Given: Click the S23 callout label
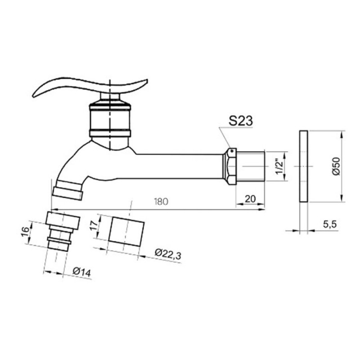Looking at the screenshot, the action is (x=240, y=121).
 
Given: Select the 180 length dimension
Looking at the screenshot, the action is (x=161, y=201).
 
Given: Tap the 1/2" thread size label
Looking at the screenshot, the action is (x=279, y=166).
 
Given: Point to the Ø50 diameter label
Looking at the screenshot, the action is (x=336, y=166).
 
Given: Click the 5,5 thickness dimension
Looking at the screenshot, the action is (x=330, y=224).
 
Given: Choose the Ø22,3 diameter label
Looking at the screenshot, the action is (x=168, y=254).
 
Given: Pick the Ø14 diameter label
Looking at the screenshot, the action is (x=82, y=272).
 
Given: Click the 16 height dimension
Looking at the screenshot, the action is (x=25, y=231).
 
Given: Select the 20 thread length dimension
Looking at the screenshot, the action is (x=250, y=199).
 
